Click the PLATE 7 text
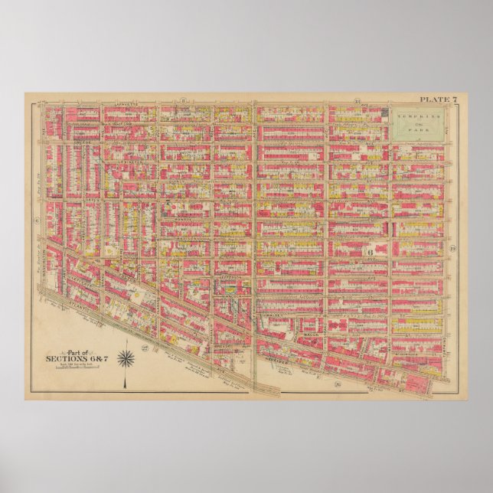coord(437,100)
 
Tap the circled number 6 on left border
coord(36,220)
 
